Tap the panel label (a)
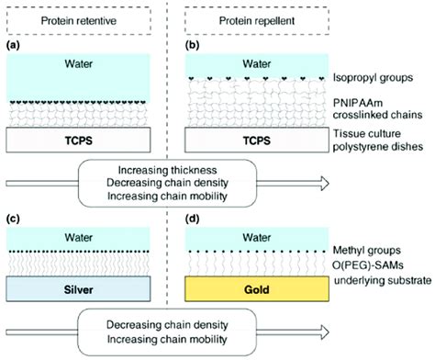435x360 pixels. coord(14,43)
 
